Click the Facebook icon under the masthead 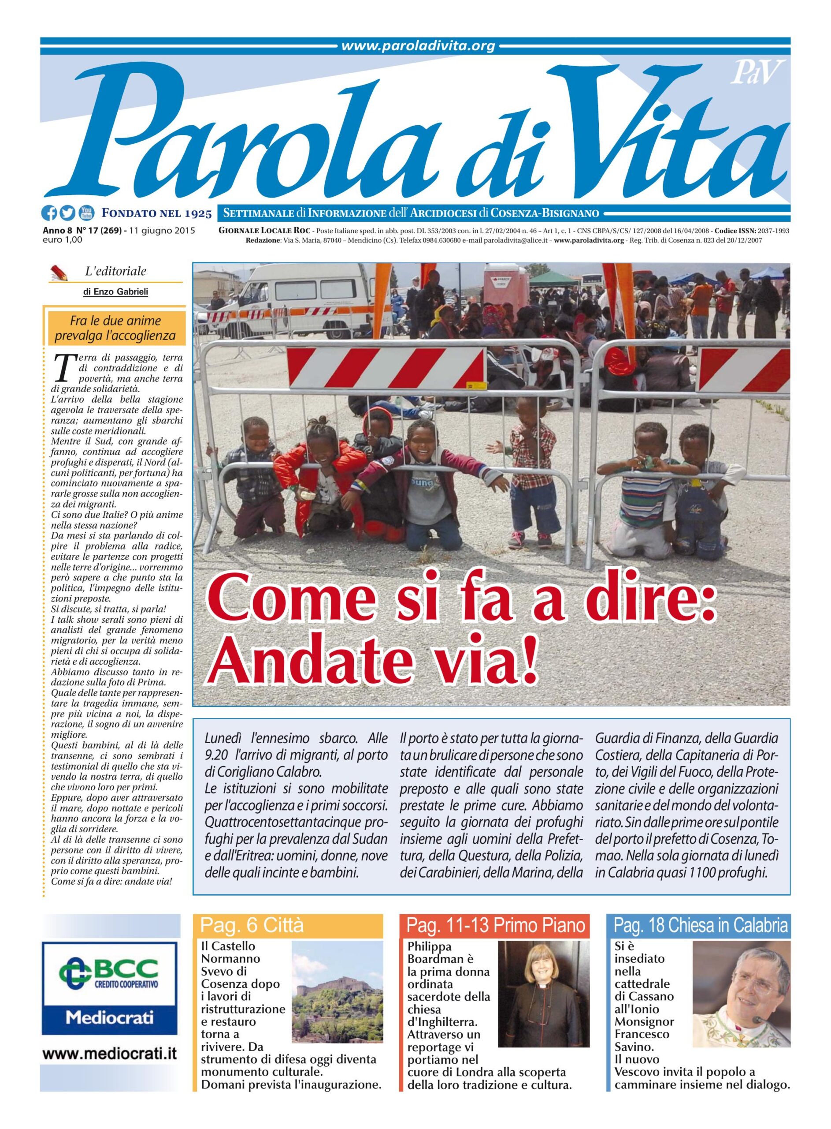pyautogui.click(x=50, y=213)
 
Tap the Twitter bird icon pyautogui.click(x=67, y=213)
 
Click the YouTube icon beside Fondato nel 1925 pyautogui.click(x=86, y=213)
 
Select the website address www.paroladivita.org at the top pyautogui.click(x=418, y=46)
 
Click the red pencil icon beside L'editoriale pyautogui.click(x=59, y=273)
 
